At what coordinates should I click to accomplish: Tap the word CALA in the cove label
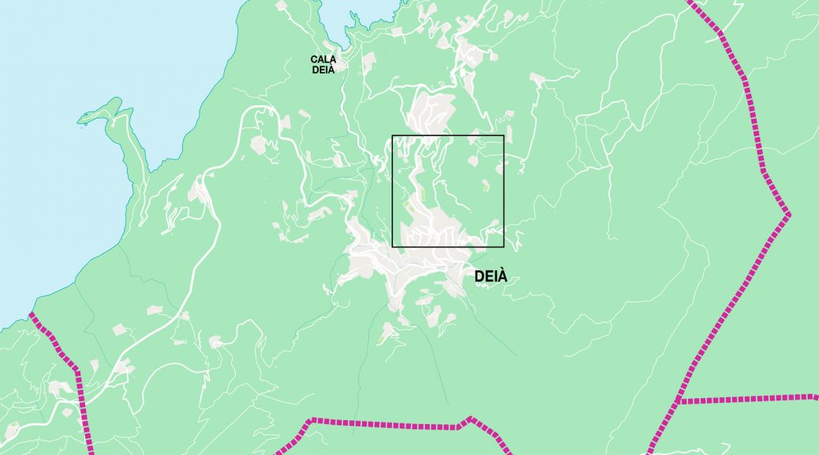click(x=323, y=59)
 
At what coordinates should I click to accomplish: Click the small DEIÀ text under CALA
click(x=323, y=70)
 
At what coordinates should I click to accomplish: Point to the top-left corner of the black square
click(x=392, y=135)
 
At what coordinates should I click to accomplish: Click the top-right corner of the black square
click(x=503, y=135)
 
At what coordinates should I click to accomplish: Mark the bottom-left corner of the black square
click(x=392, y=246)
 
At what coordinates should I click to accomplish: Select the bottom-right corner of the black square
click(x=503, y=246)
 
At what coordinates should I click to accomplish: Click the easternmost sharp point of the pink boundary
click(x=788, y=214)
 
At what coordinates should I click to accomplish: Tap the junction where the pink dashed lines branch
click(x=677, y=402)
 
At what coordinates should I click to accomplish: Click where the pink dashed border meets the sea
click(x=31, y=314)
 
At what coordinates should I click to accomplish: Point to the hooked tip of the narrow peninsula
click(x=81, y=120)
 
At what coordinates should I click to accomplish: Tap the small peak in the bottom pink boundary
click(x=470, y=419)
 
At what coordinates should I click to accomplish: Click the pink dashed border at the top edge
click(x=690, y=2)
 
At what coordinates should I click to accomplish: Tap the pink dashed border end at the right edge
click(x=815, y=397)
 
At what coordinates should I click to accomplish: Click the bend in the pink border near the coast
click(x=77, y=368)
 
